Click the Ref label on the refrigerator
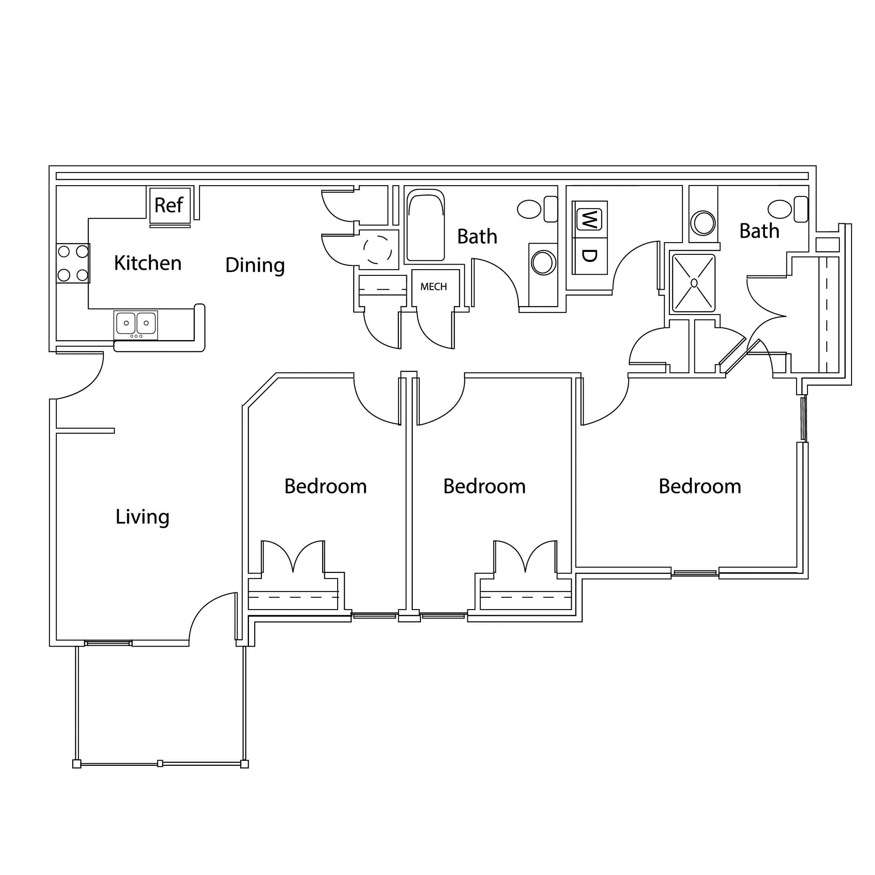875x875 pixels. pos(168,205)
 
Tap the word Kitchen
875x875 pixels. pos(148,263)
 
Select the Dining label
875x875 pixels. pos(255,265)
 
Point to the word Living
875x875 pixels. pos(142,517)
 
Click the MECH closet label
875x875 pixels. pos(433,287)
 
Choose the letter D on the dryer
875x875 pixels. pos(589,256)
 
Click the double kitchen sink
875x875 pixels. pos(136,324)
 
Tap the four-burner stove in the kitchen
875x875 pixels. pos(73,263)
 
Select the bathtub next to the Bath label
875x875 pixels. pos(425,225)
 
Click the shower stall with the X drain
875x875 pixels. pos(694,283)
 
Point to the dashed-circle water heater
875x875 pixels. pos(377,249)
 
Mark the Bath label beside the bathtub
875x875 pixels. pos(477,236)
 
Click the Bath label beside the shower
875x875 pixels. pos(759,231)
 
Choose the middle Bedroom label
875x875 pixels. pos(484,486)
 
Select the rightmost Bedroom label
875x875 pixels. pos(700,486)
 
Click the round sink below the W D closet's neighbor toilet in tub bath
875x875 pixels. pos(543,262)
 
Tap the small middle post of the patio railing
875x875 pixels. pos(160,764)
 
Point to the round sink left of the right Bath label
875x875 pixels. pos(703,223)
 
